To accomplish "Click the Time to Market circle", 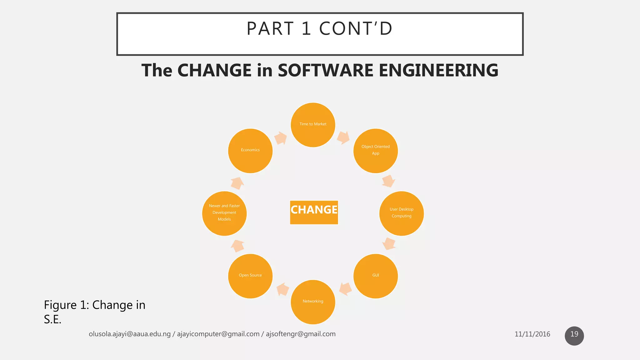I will [x=313, y=125].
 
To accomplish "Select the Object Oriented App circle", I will [x=375, y=151].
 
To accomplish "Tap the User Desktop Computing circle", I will [x=401, y=213].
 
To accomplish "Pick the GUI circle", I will [x=375, y=276].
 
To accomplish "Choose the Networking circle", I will [x=313, y=302].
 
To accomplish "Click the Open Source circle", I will [x=250, y=276].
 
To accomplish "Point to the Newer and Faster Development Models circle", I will [x=224, y=213].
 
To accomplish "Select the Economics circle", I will [x=250, y=151].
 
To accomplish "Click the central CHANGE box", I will [x=314, y=212].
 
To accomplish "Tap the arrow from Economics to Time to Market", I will [x=280, y=138].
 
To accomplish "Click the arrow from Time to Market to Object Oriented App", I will [x=343, y=137].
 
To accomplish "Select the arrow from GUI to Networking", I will [x=345, y=289].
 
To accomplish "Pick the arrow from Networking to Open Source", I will [x=283, y=289].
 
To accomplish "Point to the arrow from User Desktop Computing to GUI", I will [x=389, y=243].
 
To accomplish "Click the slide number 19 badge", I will [x=574, y=336].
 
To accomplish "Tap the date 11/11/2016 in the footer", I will [x=532, y=334].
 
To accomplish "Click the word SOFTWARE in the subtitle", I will [x=325, y=70].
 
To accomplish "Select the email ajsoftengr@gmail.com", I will [x=301, y=334].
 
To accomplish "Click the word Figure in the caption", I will [x=60, y=305].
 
